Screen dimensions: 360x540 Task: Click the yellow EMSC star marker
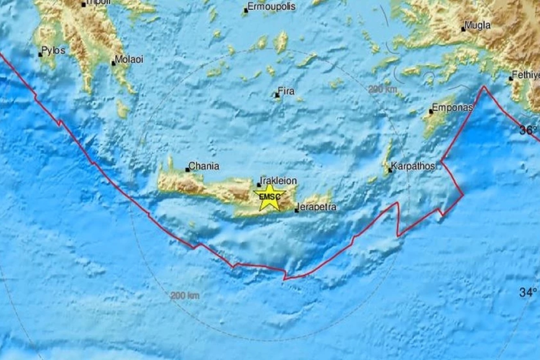(x=270, y=197)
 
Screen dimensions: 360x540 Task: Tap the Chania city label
(x=204, y=166)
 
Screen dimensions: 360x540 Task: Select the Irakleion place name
(x=279, y=181)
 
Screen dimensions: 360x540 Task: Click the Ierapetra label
(x=318, y=208)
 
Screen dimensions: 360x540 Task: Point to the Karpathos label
(x=413, y=166)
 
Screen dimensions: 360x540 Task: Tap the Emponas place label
(x=452, y=108)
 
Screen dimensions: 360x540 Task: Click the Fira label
(x=287, y=92)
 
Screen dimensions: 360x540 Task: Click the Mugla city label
(x=478, y=26)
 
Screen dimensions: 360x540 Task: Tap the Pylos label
(x=54, y=50)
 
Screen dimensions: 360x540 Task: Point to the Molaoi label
(x=129, y=59)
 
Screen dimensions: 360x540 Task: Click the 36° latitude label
(x=528, y=130)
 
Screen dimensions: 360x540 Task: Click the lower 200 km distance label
(x=184, y=296)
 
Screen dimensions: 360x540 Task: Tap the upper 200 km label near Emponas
(x=383, y=90)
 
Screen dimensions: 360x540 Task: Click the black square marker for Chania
(x=188, y=170)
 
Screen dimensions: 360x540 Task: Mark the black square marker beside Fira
(x=277, y=95)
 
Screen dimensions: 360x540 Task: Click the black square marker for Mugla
(x=463, y=29)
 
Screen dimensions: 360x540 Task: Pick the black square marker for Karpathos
(x=390, y=170)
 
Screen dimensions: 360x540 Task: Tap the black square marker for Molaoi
(x=113, y=63)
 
